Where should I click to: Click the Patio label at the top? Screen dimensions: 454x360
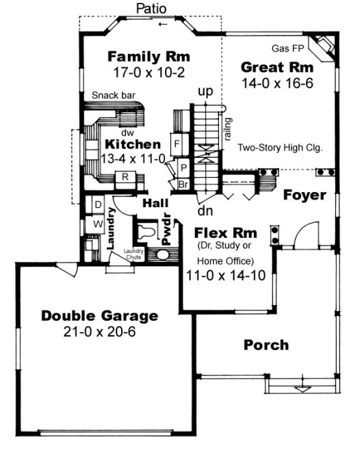[x=149, y=9]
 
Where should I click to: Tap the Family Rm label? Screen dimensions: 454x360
[x=149, y=56]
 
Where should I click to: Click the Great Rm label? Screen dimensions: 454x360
[x=277, y=67]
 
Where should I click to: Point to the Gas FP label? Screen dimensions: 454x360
[x=287, y=49]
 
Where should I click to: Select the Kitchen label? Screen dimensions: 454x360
[x=133, y=144]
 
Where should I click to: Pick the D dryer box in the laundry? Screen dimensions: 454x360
[x=98, y=205]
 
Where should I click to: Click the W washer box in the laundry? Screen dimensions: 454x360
[x=98, y=223]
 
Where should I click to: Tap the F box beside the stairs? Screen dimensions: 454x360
[x=177, y=144]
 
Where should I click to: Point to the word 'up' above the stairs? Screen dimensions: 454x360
[x=204, y=91]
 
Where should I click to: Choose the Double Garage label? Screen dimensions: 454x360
[x=100, y=316]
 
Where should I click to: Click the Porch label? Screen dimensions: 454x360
[x=266, y=345]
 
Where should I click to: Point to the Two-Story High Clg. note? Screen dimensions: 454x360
[x=280, y=147]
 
